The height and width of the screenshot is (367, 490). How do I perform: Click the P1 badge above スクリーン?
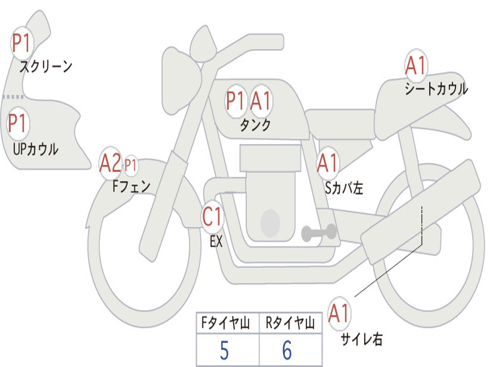tap(21, 43)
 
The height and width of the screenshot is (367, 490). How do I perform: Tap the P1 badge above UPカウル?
tap(19, 124)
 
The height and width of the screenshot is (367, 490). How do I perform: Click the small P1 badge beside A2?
tap(131, 166)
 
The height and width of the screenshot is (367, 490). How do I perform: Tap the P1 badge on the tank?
tap(236, 101)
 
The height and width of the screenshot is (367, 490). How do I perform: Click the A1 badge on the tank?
tap(261, 101)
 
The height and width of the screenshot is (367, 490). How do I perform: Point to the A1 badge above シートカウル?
tap(415, 65)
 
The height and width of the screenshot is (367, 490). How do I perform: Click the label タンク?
tap(255, 125)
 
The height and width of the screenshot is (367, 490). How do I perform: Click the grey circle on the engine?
tap(270, 222)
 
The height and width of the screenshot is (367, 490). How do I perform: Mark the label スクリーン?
tap(46, 66)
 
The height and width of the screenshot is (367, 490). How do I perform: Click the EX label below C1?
tap(216, 242)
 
